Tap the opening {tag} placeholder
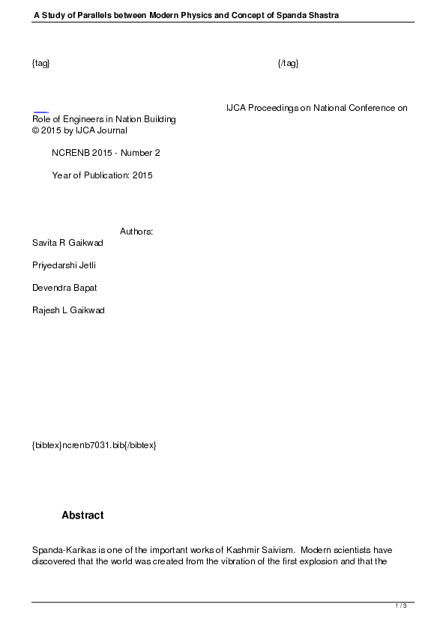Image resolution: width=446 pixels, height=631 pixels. (x=41, y=64)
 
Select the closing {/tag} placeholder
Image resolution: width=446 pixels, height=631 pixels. (x=288, y=64)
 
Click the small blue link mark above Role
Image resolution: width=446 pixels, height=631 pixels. (x=40, y=112)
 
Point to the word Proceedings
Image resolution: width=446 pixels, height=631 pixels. (x=272, y=108)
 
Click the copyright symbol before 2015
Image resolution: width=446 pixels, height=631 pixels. (x=35, y=130)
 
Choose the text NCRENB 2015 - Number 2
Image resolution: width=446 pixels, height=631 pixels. (x=106, y=153)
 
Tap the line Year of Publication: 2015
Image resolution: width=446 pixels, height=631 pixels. (x=102, y=175)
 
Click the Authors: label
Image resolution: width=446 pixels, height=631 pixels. (x=136, y=232)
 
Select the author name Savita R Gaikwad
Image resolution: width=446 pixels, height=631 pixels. (x=68, y=243)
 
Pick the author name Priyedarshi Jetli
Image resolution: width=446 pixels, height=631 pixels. (x=64, y=265)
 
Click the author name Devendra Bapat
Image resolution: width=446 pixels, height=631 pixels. (x=64, y=288)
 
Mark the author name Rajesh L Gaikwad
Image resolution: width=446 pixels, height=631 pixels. (x=68, y=310)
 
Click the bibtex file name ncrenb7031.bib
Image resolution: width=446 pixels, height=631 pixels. (x=94, y=445)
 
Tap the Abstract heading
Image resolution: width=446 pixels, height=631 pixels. (x=82, y=516)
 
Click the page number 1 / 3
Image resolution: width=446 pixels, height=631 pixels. (x=401, y=606)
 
